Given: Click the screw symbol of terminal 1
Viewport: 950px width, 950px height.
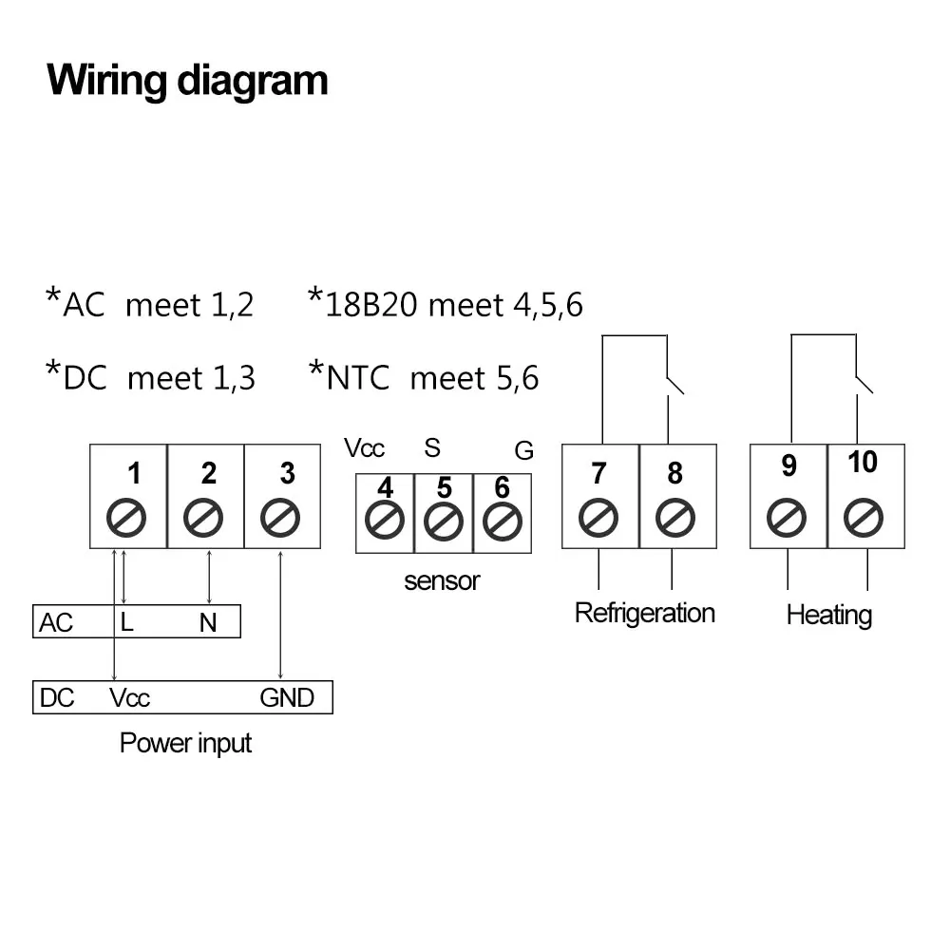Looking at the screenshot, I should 128,519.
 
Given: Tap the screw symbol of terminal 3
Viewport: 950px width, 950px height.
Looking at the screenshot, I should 280,519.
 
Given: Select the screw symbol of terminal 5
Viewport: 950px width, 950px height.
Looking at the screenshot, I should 444,522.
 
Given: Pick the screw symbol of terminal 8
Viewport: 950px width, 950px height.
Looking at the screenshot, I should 674,519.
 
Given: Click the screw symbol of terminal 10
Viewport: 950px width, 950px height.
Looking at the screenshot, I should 864,519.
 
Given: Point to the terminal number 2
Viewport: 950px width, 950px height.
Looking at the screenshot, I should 208,473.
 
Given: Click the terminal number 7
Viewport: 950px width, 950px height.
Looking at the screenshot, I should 598,473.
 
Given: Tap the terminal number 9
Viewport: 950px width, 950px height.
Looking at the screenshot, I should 788,467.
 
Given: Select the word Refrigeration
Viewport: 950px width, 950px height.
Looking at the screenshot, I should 644,613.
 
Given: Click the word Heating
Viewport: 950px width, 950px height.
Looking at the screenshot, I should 828,616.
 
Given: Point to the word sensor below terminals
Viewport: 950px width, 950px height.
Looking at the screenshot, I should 442,580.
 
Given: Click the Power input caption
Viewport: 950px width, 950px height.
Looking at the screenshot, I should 185,743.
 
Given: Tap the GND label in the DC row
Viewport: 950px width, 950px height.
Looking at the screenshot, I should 287,698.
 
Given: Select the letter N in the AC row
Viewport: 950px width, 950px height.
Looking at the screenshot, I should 208,623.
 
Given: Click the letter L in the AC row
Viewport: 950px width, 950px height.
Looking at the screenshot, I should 127,623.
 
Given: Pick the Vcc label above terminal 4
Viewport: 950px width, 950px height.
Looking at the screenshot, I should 364,448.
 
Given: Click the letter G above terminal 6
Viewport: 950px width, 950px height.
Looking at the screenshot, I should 523,450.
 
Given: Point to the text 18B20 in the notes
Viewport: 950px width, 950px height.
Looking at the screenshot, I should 370,305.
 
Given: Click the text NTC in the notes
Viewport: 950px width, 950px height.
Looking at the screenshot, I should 358,378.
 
